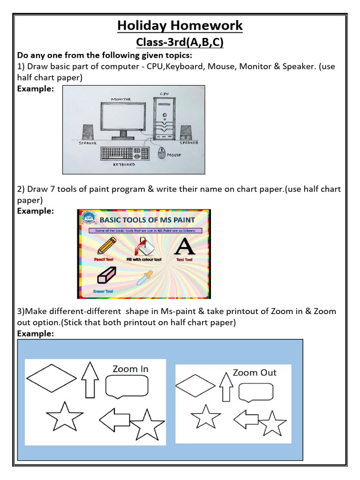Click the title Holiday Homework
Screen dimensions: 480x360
pos(180,25)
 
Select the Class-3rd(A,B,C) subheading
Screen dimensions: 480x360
pos(180,43)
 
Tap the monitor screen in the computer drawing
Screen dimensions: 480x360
pos(122,116)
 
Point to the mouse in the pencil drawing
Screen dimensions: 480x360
pos(162,153)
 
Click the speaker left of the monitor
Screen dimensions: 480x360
pos(88,132)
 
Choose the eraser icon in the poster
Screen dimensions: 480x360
pos(106,276)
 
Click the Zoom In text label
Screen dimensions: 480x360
pos(130,369)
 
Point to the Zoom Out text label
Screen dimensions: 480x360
pos(255,373)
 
